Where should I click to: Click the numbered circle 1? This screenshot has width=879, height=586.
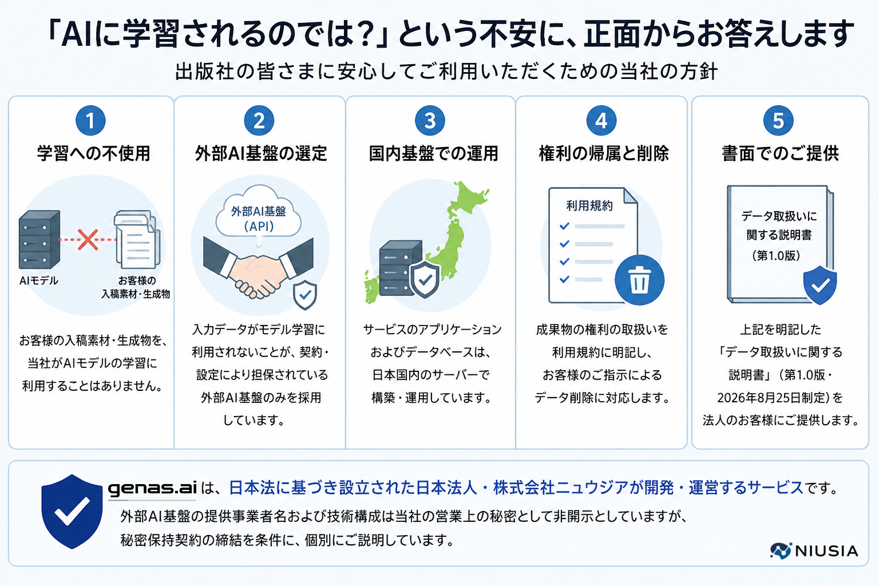point(90,121)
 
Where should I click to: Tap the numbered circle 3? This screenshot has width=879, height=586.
point(430,121)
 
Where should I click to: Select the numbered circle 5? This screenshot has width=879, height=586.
point(778,121)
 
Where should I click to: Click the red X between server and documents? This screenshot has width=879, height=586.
point(88,239)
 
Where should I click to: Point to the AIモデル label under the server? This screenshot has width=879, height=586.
point(39,280)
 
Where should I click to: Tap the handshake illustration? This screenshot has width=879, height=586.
point(258,267)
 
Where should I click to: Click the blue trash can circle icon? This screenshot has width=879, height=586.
point(639,280)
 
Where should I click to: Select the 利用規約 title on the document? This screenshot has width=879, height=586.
point(589,205)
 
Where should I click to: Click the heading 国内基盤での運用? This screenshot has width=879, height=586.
point(433,153)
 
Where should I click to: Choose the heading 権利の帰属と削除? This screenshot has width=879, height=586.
point(604,153)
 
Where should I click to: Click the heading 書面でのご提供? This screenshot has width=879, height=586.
point(780,153)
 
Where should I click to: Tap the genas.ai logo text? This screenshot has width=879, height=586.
point(152,488)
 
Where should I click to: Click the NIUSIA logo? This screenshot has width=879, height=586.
point(814,551)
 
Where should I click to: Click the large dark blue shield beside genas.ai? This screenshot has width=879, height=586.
point(72,511)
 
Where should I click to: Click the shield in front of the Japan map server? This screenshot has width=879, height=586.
point(425,279)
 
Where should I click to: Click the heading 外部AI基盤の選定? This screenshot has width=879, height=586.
point(261,153)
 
